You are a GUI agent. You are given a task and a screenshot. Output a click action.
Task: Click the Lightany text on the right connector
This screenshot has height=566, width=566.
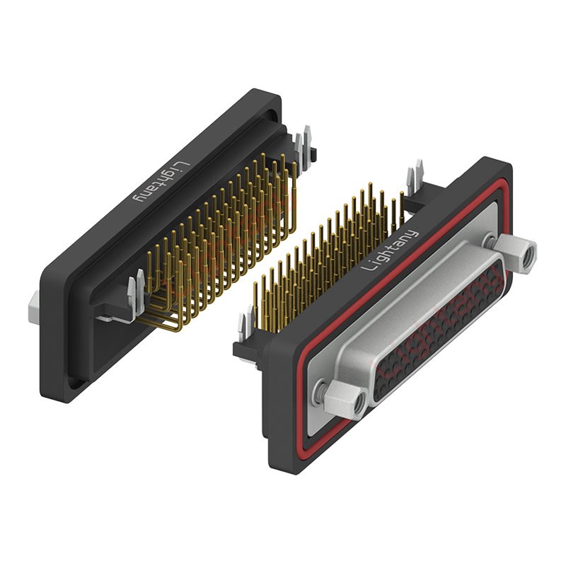click(391, 250)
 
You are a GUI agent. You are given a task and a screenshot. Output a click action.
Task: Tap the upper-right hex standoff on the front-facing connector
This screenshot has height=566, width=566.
click(516, 253)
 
